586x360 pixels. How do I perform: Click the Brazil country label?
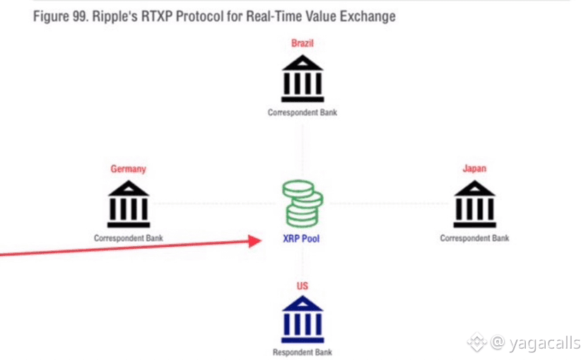(303, 43)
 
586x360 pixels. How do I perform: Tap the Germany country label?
(128, 169)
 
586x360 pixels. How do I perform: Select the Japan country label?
(474, 168)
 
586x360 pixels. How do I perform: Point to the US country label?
(303, 286)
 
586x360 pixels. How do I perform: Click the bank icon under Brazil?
(303, 79)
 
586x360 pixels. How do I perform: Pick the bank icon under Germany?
(129, 204)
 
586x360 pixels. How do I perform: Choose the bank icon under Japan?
(474, 204)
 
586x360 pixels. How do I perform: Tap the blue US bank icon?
(303, 319)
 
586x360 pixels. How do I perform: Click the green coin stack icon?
(303, 204)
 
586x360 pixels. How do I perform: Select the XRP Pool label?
(301, 239)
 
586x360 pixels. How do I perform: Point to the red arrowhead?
(255, 241)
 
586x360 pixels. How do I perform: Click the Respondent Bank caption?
(303, 352)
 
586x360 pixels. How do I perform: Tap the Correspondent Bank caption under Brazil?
(303, 112)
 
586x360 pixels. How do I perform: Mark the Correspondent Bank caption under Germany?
(128, 238)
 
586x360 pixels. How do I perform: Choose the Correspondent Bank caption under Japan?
(474, 238)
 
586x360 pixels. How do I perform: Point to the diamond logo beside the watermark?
(477, 342)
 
